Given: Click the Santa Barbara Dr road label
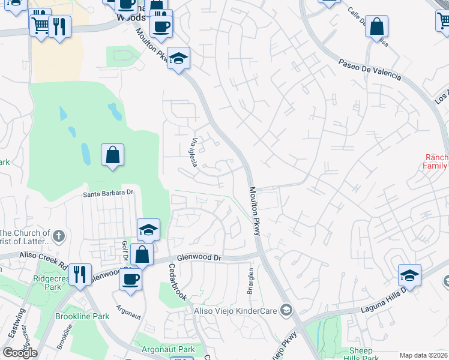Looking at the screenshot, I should (108, 193).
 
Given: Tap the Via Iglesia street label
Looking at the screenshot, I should (194, 153).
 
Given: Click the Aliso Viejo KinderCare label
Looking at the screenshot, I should (236, 310).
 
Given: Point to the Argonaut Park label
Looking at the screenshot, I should (169, 349).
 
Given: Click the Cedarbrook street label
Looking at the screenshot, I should (178, 282).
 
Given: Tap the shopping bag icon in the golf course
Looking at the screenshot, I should (112, 155).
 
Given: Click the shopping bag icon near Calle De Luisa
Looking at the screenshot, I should (376, 26).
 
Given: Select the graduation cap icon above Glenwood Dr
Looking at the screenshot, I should (148, 229).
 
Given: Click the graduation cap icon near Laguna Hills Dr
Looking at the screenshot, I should (409, 275).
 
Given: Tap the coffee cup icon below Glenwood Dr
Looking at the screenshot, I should (130, 278).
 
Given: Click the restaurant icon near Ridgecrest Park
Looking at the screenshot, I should (80, 274).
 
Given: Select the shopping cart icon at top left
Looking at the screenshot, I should (40, 26).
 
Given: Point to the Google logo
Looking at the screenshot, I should (20, 353).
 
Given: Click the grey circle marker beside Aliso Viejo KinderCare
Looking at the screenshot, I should (286, 310).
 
